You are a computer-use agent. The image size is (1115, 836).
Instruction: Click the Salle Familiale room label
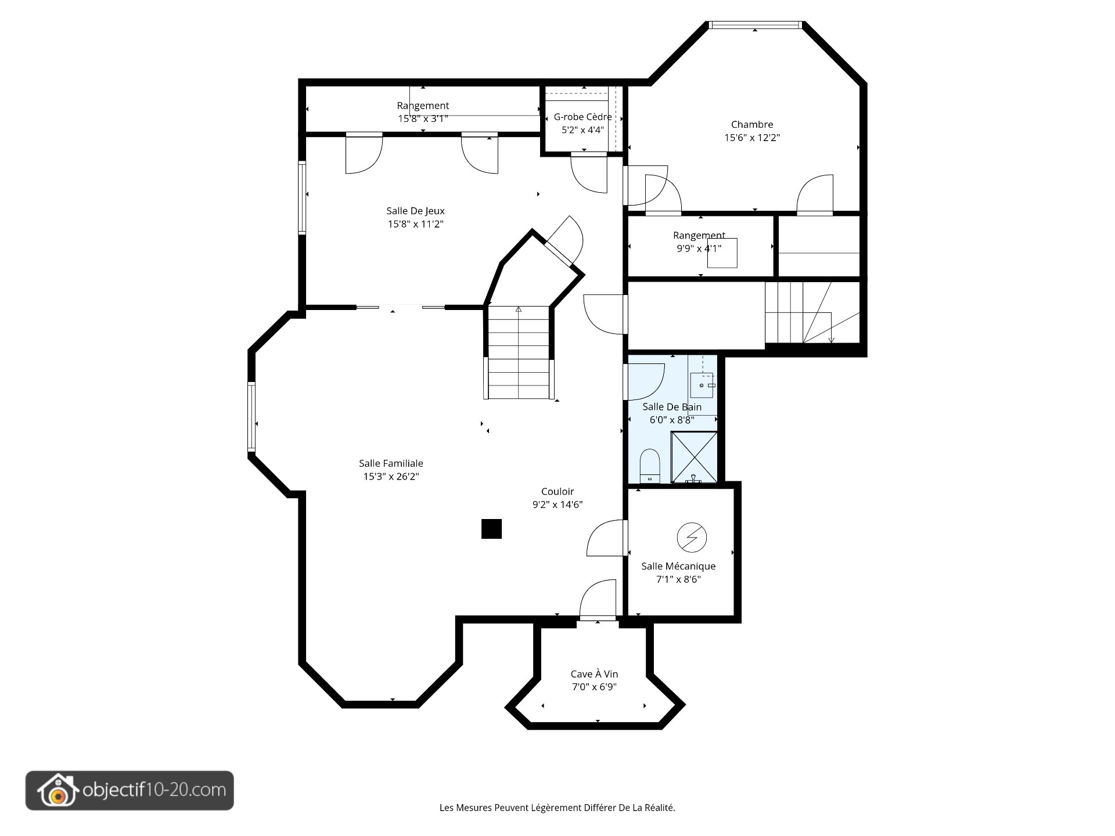[391, 463]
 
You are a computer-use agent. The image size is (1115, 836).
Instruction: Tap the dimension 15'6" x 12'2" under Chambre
[752, 138]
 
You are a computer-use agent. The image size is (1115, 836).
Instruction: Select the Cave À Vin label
[594, 674]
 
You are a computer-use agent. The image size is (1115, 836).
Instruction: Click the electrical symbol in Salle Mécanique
[692, 538]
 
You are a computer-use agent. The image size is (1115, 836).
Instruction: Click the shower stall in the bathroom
[694, 457]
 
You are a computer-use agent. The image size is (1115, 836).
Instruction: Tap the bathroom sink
[703, 385]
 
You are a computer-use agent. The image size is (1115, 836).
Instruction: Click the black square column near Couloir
[491, 529]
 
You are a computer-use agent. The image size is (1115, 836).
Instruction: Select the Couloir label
[557, 492]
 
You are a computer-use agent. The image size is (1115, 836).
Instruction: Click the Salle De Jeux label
[416, 211]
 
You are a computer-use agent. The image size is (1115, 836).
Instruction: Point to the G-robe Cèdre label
[582, 117]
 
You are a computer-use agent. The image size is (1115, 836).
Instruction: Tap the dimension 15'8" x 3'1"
[423, 118]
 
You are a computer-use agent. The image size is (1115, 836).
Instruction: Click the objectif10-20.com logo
[130, 790]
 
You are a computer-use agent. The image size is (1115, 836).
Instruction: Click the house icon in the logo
[57, 791]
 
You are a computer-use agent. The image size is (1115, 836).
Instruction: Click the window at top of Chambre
[755, 25]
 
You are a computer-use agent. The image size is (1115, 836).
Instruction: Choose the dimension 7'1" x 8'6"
[678, 579]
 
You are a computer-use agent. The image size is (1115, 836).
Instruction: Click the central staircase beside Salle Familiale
[518, 352]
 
